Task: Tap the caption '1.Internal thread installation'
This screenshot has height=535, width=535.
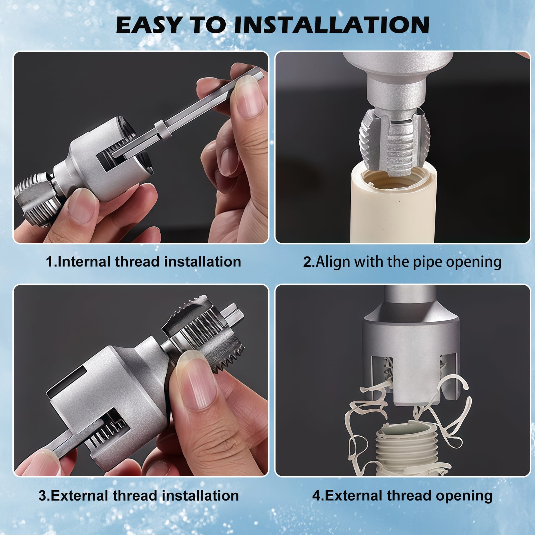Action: pos(143,261)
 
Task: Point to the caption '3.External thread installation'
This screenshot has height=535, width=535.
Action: pos(139,496)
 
